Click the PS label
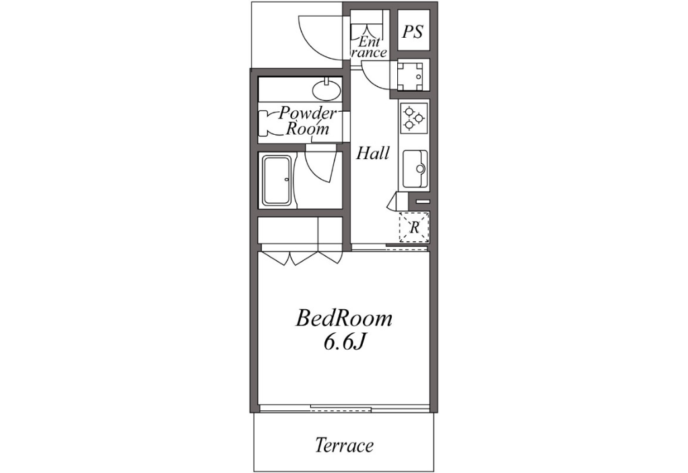(x=413, y=32)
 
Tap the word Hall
(x=372, y=153)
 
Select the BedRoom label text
(x=343, y=318)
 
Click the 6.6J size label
(x=345, y=343)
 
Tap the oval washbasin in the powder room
(x=326, y=91)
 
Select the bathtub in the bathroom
(x=277, y=180)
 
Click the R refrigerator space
(x=414, y=227)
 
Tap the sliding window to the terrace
(x=343, y=408)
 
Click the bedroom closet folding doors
(x=302, y=257)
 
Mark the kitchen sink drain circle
(x=420, y=168)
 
